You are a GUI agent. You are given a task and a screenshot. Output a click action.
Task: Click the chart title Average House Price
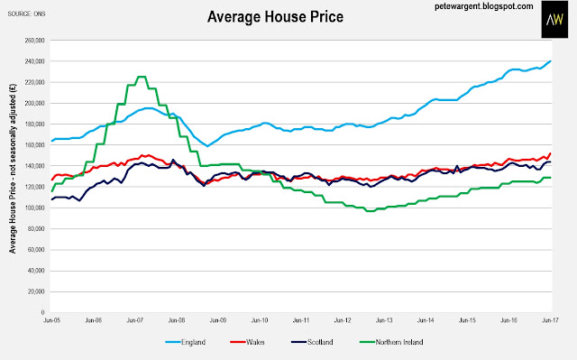(x=275, y=17)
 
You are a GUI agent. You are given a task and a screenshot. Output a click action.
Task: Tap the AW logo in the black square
(x=554, y=19)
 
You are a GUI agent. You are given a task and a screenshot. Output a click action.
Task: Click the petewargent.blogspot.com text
(x=483, y=6)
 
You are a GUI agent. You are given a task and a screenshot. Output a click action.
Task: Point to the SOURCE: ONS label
(x=26, y=14)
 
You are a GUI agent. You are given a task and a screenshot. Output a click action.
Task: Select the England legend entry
(x=186, y=342)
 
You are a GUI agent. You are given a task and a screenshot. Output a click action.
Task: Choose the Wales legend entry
(x=247, y=342)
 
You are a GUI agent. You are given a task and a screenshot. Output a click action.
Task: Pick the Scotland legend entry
(x=312, y=342)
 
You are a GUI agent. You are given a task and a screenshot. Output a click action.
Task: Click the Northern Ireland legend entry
(x=391, y=342)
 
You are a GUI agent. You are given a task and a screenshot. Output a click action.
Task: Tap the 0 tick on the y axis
(x=42, y=312)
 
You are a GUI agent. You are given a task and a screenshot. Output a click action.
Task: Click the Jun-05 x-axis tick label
(x=52, y=320)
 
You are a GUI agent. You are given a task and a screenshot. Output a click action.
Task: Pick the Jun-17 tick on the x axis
(x=551, y=320)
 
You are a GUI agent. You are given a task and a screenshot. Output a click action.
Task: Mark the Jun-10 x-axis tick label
(x=260, y=320)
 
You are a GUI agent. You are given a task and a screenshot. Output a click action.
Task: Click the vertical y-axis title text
(x=13, y=169)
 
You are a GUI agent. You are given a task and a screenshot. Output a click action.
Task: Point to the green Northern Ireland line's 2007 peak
(x=141, y=77)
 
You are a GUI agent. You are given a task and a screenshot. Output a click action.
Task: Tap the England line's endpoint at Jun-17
(x=551, y=61)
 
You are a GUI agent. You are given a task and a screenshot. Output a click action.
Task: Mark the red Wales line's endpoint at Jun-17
(x=551, y=153)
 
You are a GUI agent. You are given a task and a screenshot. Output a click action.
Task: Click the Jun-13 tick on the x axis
(x=384, y=320)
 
